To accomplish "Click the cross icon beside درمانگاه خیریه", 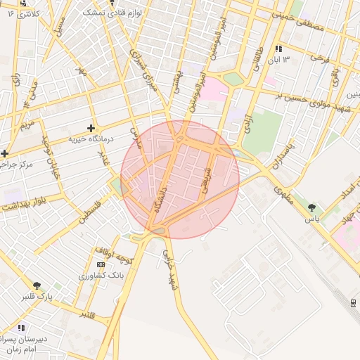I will pyautogui.click(x=90, y=128).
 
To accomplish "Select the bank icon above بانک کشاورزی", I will pyautogui.click(x=100, y=264).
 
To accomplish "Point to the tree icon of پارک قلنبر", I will pyautogui.click(x=37, y=286).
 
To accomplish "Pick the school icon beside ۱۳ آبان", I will pyautogui.click(x=279, y=49).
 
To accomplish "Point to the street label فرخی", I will pyautogui.click(x=321, y=56).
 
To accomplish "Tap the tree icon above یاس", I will pyautogui.click(x=312, y=207).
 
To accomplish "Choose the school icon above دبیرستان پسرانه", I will pyautogui.click(x=21, y=328).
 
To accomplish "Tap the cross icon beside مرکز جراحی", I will pyautogui.click(x=4, y=153).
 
